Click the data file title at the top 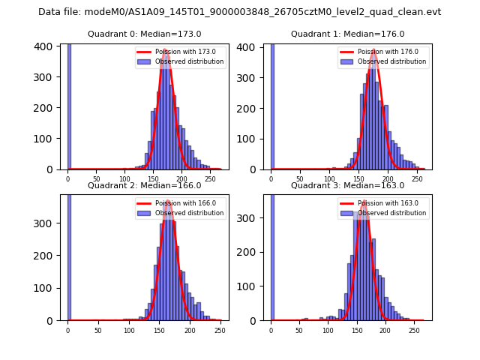[x=239, y=12]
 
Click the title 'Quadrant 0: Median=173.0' [x=144, y=34]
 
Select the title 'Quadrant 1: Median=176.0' [x=347, y=34]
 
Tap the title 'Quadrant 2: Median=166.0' [x=144, y=185]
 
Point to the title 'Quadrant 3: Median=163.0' [x=347, y=185]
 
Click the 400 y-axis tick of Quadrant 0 [x=46, y=46]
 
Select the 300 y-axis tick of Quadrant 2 [x=46, y=223]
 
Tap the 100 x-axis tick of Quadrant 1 [x=328, y=180]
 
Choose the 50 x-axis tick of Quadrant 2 [x=98, y=331]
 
